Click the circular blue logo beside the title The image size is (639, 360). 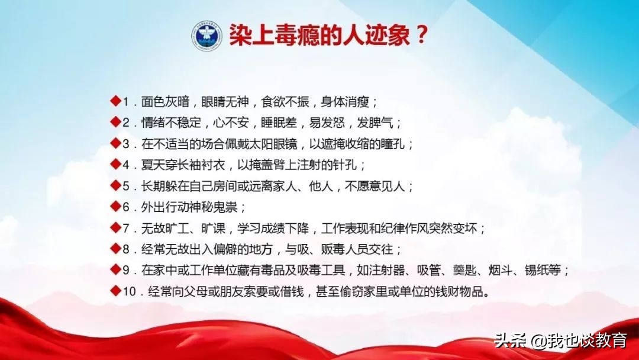tap(207, 36)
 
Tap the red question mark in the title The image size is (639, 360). tap(421, 34)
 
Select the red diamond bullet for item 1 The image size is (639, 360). tap(116, 100)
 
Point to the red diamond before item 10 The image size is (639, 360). tap(116, 291)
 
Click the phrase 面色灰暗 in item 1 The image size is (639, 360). tap(165, 101)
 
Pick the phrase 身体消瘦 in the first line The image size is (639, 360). tap(345, 101)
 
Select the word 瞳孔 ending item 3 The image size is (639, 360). tap(393, 144)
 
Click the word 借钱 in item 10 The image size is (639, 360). tap(292, 292)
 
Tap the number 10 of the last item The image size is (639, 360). tap(129, 292)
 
